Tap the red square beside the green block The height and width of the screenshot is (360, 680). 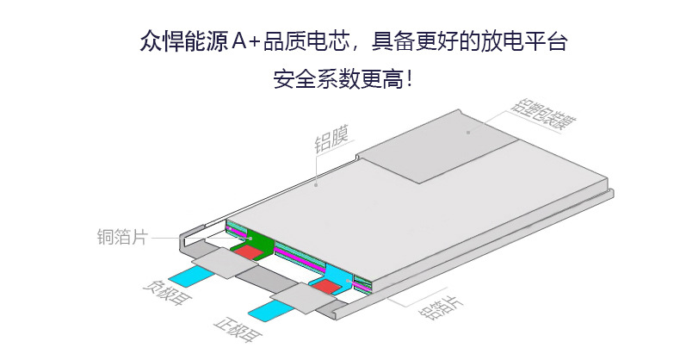point(249,252)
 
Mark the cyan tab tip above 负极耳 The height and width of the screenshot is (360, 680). point(188,276)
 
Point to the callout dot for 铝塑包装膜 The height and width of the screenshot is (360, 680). point(468,133)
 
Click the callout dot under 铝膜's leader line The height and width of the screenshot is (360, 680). point(318,183)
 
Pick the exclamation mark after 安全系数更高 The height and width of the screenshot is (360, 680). point(411,82)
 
